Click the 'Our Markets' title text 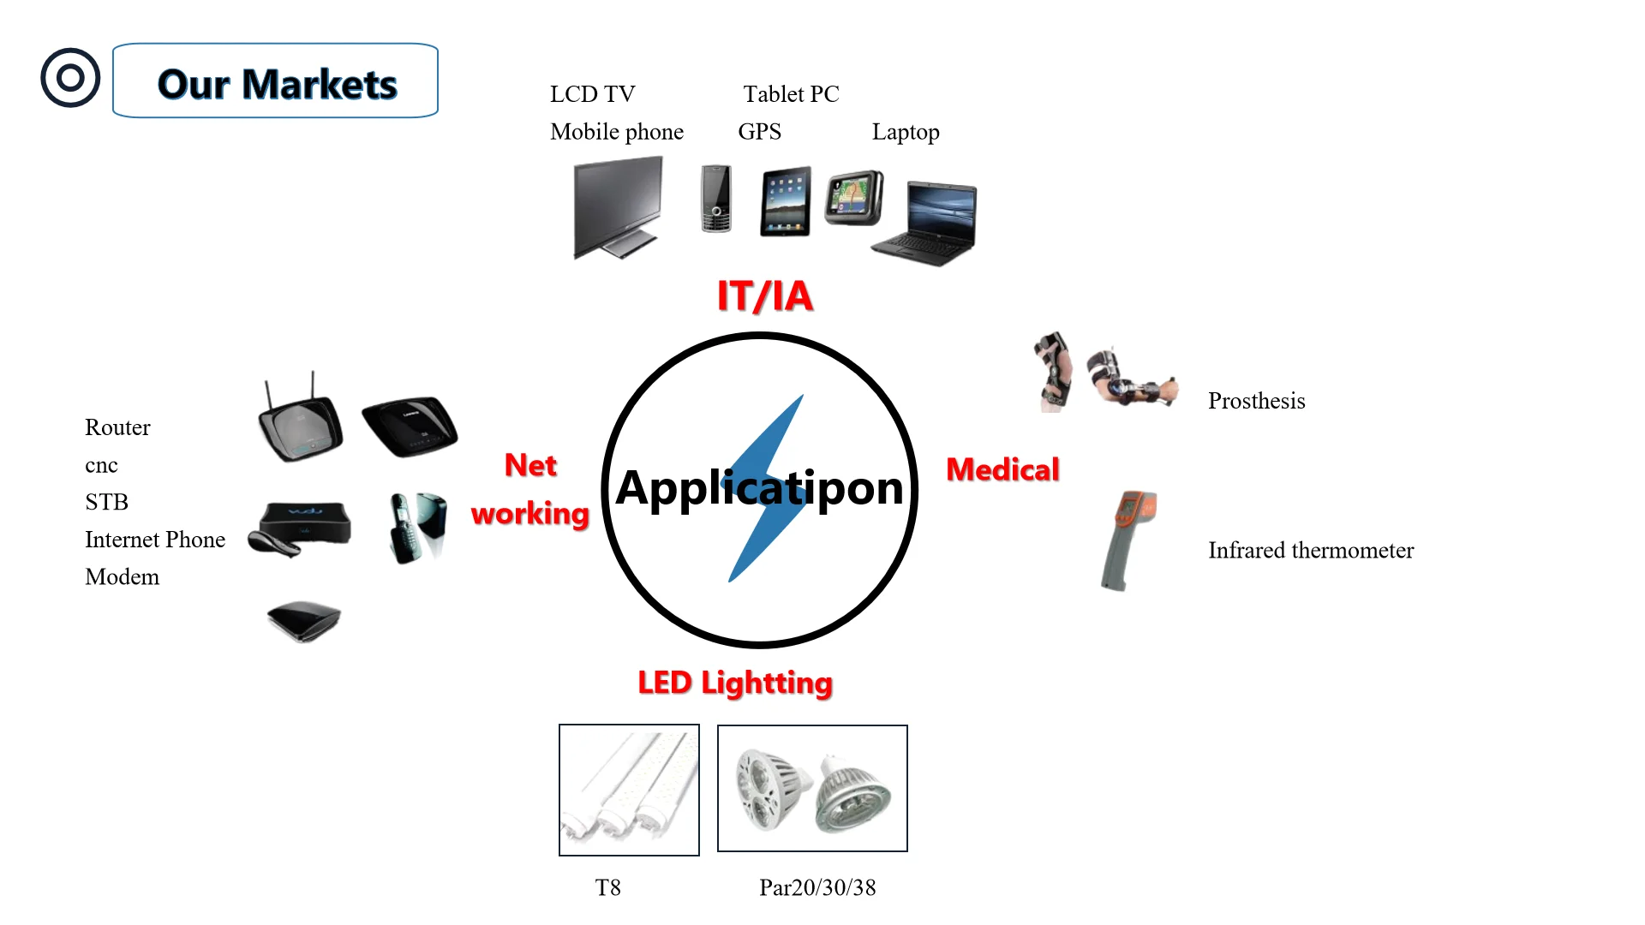(277, 84)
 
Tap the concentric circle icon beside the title (70, 78)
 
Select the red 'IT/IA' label (764, 296)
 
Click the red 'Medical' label (1002, 469)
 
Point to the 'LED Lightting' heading (735, 683)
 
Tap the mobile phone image (715, 199)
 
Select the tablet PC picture (786, 201)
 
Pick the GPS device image (853, 198)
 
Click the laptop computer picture (926, 224)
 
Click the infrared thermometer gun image (1128, 540)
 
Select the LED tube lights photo (629, 790)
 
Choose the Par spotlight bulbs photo (812, 789)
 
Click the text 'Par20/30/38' (817, 887)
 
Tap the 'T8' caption (607, 887)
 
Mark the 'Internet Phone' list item (155, 540)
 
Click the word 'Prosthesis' (1256, 401)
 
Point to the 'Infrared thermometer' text (1311, 550)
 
